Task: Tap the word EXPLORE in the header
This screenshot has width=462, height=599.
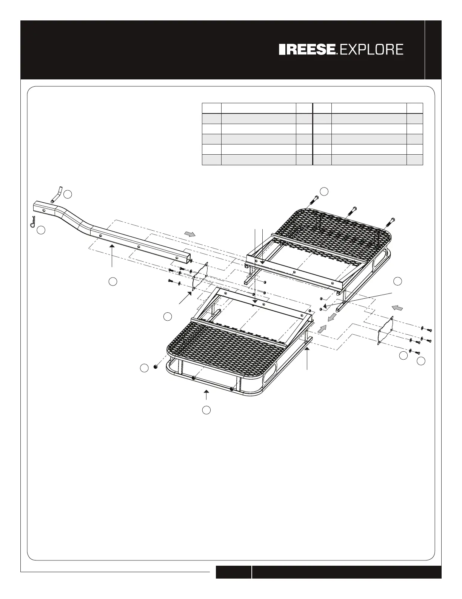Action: pyautogui.click(x=372, y=50)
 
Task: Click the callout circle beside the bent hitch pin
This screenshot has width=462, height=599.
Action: pyautogui.click(x=68, y=194)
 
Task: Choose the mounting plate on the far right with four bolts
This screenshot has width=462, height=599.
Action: pyautogui.click(x=386, y=332)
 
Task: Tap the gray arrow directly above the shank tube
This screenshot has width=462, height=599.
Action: pyautogui.click(x=191, y=234)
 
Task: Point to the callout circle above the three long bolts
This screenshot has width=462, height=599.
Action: pyautogui.click(x=324, y=191)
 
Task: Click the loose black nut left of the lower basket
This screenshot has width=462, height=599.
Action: pyautogui.click(x=155, y=367)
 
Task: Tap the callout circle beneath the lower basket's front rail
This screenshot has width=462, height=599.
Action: pyautogui.click(x=206, y=410)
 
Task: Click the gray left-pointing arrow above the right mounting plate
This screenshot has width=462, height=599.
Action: pyautogui.click(x=397, y=307)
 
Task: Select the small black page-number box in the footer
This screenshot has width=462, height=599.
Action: pyautogui.click(x=233, y=572)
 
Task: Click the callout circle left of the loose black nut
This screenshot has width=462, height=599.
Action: pyautogui.click(x=144, y=368)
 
